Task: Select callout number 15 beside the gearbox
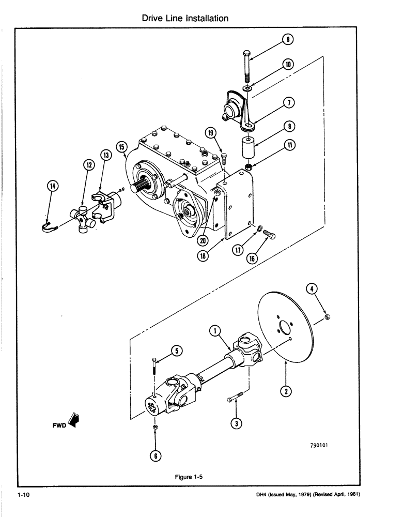pyautogui.click(x=122, y=147)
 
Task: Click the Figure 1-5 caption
pyautogui.click(x=186, y=477)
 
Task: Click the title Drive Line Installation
pyautogui.click(x=185, y=18)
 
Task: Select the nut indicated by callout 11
pyautogui.click(x=247, y=168)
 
